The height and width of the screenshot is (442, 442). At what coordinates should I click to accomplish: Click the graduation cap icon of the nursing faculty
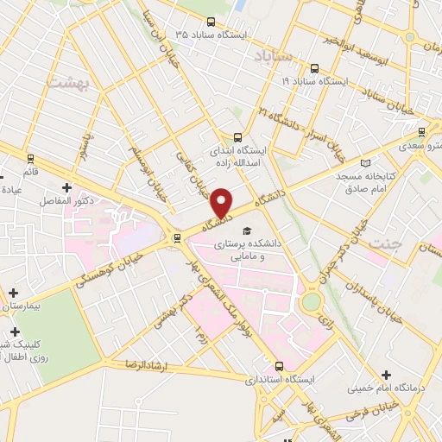click(247, 231)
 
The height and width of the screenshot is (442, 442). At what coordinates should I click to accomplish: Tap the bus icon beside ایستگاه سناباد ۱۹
click(313, 66)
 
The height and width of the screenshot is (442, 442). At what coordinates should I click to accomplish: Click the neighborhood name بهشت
click(63, 82)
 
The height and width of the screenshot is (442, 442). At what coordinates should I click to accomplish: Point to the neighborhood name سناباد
click(275, 56)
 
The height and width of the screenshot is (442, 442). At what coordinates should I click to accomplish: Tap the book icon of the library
click(365, 162)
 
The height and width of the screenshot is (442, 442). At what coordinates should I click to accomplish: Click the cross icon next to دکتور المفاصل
click(66, 186)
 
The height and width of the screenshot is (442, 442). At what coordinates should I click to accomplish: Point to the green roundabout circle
click(311, 301)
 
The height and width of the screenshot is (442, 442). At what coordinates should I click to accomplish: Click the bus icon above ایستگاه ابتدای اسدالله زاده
click(239, 136)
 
